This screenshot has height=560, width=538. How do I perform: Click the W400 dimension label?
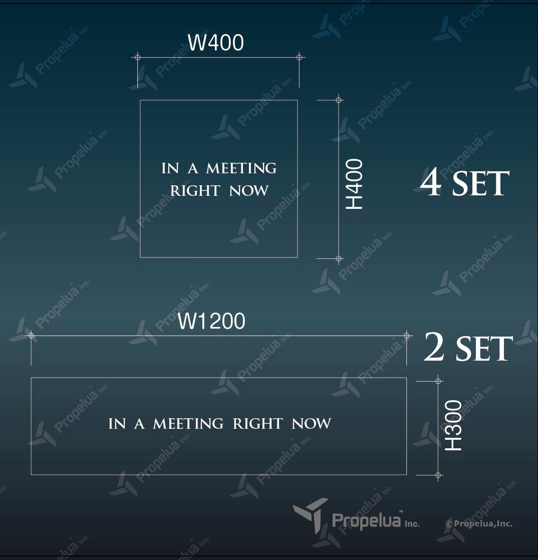tap(216, 43)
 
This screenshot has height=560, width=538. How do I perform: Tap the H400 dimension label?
tap(354, 184)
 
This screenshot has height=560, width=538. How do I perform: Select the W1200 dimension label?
tap(211, 321)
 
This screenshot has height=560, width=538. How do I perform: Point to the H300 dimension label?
tap(453, 425)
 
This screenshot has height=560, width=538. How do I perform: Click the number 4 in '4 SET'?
tap(431, 183)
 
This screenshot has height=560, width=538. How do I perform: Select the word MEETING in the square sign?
tap(241, 168)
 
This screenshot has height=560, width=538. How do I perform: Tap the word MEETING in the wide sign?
tap(188, 424)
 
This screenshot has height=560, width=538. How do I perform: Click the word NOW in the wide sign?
tap(312, 424)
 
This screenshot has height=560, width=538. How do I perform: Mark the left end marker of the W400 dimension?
tap(138, 57)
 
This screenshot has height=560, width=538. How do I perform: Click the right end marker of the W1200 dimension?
tap(407, 336)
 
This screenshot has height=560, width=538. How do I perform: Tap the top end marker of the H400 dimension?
tap(339, 100)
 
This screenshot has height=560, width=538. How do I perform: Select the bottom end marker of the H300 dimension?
tap(438, 475)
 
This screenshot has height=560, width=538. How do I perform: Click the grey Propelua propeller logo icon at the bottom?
tap(311, 515)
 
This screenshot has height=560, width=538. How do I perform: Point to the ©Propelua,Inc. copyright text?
tap(478, 524)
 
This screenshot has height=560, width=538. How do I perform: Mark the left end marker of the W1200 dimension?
tap(31, 336)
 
